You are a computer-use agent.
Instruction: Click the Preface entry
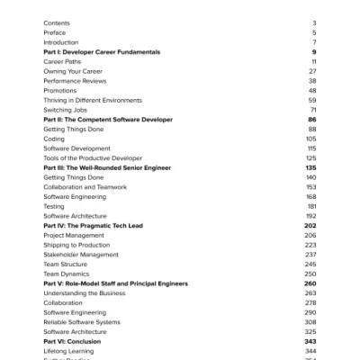pos(54,32)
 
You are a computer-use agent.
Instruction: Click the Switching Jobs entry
pos(63,110)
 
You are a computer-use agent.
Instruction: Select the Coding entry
pos(54,139)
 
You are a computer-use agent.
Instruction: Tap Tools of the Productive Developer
pos(92,158)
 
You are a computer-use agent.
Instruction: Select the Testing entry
pos(54,206)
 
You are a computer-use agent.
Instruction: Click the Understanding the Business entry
pos(85,293)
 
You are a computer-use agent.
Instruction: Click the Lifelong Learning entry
pos(68,351)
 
